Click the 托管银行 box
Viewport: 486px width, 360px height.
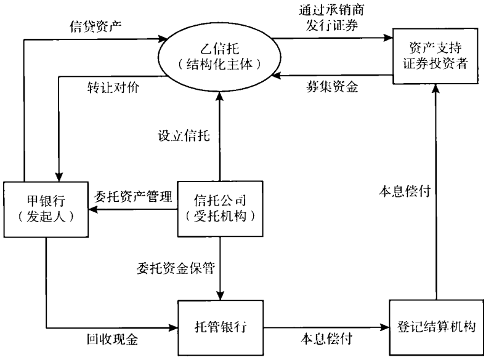(220, 326)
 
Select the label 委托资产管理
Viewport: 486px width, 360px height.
(132, 198)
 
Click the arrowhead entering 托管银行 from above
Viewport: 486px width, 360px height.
(220, 295)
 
